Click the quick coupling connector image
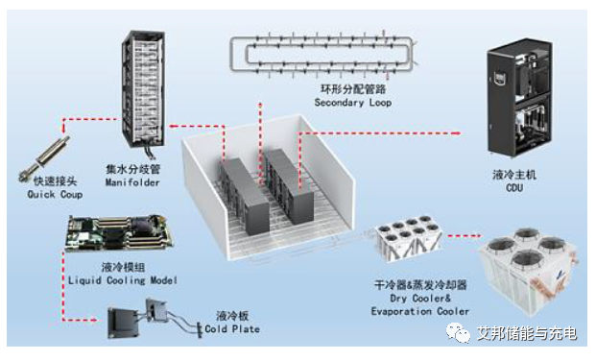pyautogui.click(x=44, y=159)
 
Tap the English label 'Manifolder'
pyautogui.click(x=132, y=182)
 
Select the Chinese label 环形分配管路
pyautogui.click(x=353, y=89)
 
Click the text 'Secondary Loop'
pyautogui.click(x=353, y=103)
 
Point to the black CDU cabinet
pyautogui.click(x=519, y=98)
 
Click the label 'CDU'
pyautogui.click(x=514, y=187)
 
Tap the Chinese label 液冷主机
pyautogui.click(x=514, y=175)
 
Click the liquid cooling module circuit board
pyautogui.click(x=119, y=232)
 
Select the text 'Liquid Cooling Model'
pyautogui.click(x=123, y=280)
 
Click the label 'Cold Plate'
pyautogui.click(x=232, y=329)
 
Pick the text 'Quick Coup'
pyautogui.click(x=55, y=195)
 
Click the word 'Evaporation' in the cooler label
pyautogui.click(x=401, y=311)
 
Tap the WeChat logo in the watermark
pyautogui.click(x=458, y=333)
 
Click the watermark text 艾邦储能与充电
pyautogui.click(x=527, y=333)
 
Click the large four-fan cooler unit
pyautogui.click(x=529, y=271)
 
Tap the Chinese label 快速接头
pyautogui.click(x=55, y=180)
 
